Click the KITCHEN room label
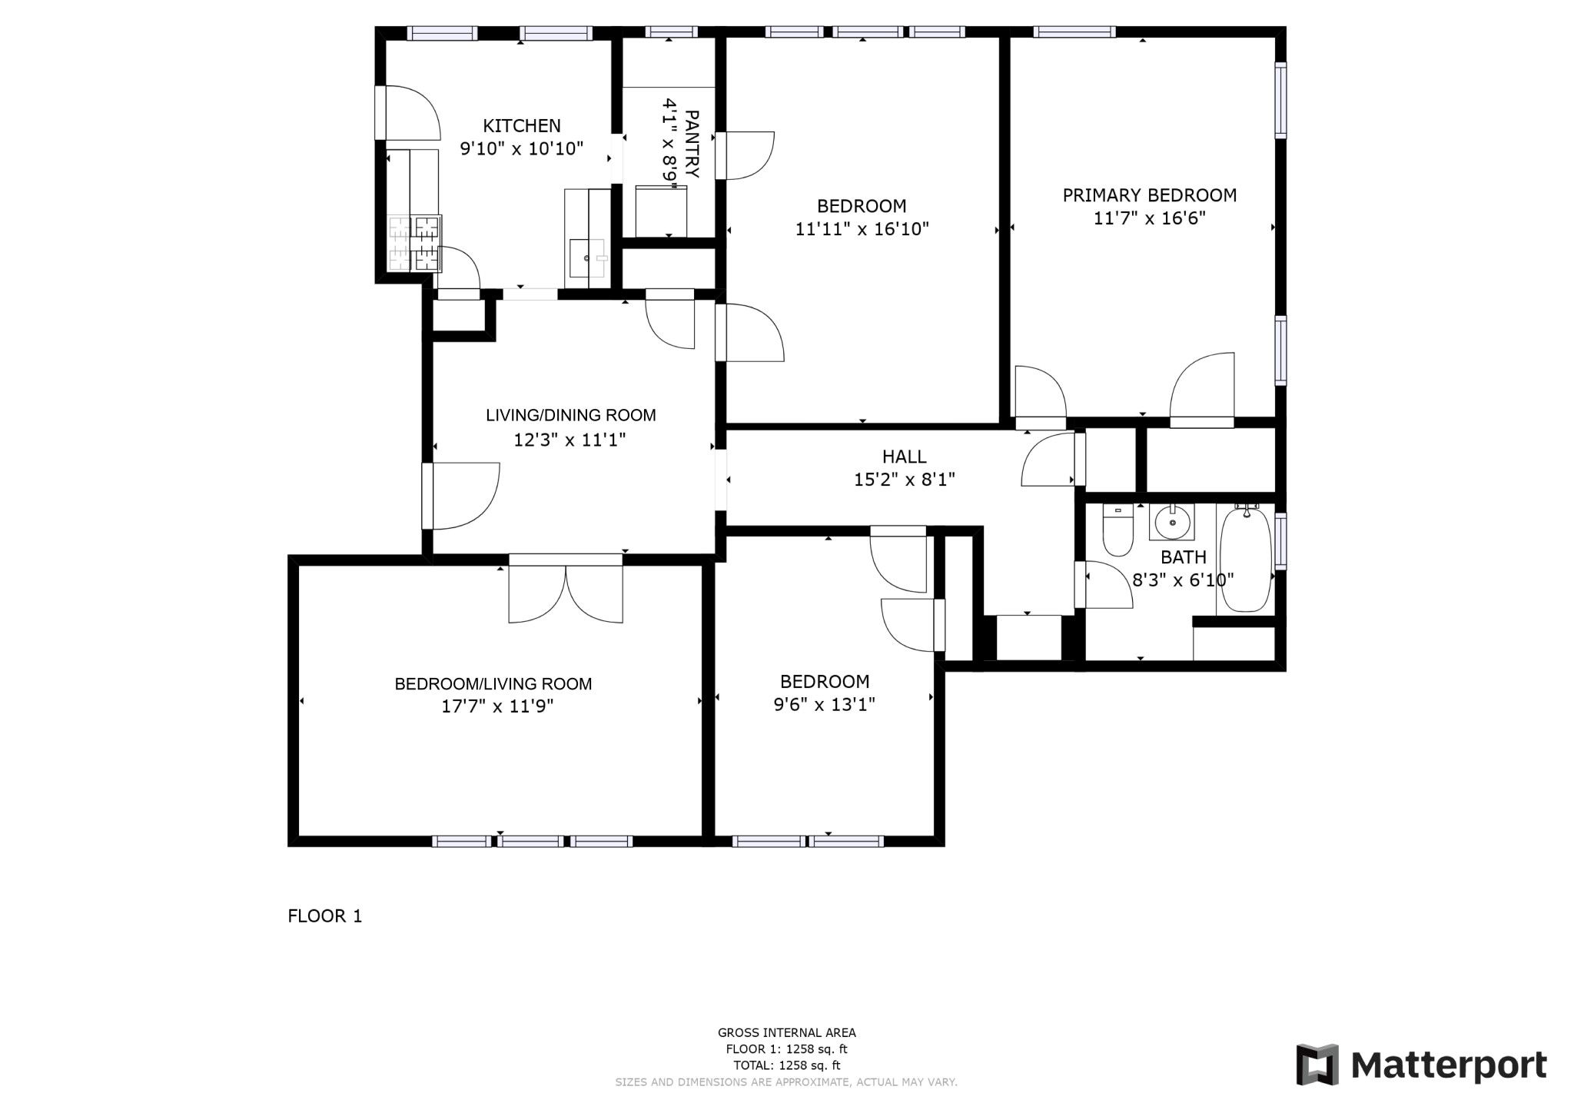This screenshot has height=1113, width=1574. (x=522, y=125)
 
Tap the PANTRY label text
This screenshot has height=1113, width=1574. (x=691, y=145)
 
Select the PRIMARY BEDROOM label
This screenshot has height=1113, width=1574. (x=1150, y=195)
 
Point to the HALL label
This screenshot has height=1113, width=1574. (x=905, y=457)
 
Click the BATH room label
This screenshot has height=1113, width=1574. (x=1184, y=557)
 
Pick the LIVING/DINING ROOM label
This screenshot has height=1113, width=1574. (x=571, y=416)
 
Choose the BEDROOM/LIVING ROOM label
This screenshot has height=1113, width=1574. (x=493, y=684)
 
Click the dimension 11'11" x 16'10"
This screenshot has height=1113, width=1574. (x=862, y=229)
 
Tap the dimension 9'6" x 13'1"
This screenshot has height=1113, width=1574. (x=825, y=705)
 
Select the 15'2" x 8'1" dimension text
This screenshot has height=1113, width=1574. (x=905, y=480)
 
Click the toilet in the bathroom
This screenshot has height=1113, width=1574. (x=1117, y=530)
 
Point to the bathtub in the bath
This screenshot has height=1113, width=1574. (x=1245, y=559)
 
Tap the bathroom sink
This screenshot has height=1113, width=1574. (x=1172, y=523)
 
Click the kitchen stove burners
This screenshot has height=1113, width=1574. (x=415, y=243)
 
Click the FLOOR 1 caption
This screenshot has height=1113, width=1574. (x=325, y=916)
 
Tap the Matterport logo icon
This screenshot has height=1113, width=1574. (x=1317, y=1065)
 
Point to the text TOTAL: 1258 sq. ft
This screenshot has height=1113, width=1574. (x=787, y=1065)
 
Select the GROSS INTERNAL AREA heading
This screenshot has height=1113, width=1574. (x=787, y=1033)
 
